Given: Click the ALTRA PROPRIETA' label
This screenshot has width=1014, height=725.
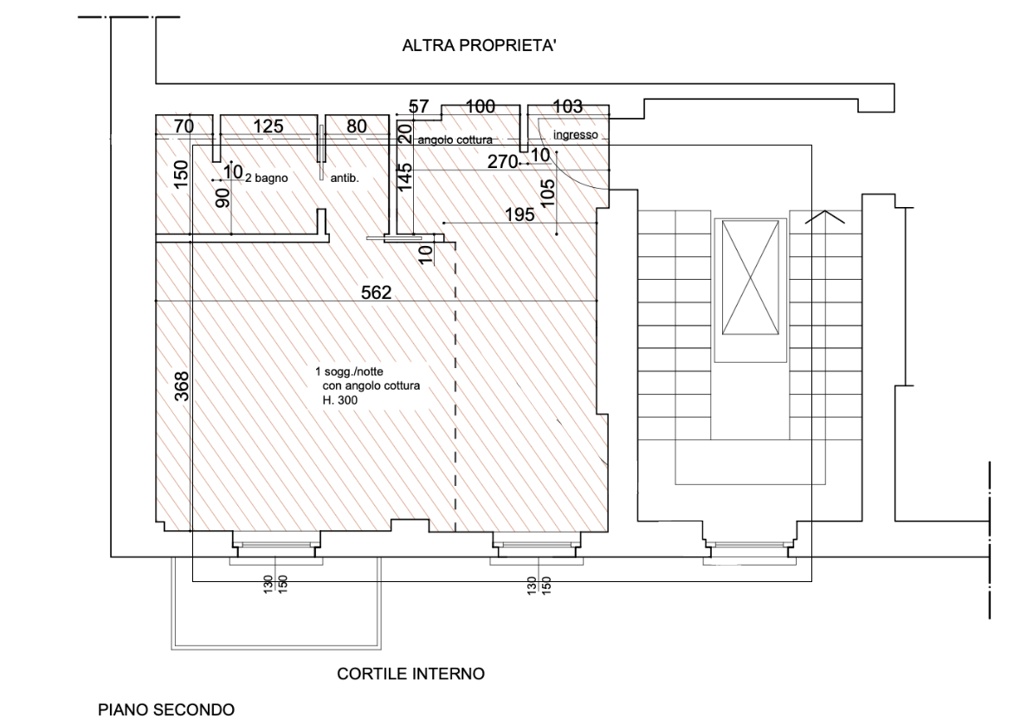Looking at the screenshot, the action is [479, 45].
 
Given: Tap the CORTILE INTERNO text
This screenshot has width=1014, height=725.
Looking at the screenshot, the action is [410, 674].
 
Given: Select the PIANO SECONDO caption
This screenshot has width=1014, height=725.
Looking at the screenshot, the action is [166, 709].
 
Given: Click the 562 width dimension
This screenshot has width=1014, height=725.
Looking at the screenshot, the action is [377, 292].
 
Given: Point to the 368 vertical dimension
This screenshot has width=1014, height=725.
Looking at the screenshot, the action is [182, 386].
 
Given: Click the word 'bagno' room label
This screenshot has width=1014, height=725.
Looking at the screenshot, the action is [271, 178].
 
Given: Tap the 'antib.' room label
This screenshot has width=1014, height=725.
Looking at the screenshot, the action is [345, 178].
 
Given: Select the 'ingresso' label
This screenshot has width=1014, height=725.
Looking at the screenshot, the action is [576, 135].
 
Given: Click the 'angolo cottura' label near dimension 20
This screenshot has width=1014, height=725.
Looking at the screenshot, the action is [455, 139].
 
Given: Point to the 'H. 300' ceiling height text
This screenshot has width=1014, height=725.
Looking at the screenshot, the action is [340, 400].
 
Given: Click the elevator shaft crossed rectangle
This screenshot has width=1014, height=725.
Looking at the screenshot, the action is [750, 277].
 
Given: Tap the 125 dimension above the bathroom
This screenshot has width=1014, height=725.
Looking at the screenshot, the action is [268, 126].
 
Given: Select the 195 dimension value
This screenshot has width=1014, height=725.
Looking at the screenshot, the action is [520, 214].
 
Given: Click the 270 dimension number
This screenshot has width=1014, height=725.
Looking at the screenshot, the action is [502, 161].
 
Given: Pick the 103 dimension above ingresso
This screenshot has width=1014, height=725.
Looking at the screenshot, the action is [567, 106].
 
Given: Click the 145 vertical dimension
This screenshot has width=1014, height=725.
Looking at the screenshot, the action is [405, 177].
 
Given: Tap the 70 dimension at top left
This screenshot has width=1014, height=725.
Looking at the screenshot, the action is [184, 126].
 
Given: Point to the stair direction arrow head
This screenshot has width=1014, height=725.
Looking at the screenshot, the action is [824, 211].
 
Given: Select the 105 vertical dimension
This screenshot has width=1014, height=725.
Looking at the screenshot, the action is [547, 193].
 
